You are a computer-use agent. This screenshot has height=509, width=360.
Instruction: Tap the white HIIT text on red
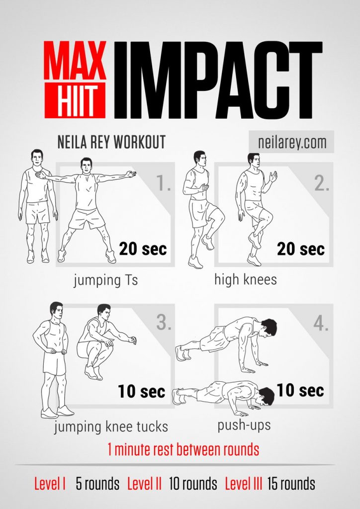tap(75, 100)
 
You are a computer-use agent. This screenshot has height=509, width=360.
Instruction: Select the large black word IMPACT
tap(218, 79)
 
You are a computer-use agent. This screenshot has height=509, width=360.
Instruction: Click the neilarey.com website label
tap(292, 142)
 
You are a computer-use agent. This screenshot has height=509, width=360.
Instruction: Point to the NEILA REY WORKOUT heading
tap(111, 143)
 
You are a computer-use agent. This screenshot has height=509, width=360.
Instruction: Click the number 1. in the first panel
tap(164, 183)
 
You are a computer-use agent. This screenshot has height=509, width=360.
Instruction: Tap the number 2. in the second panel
tap(322, 183)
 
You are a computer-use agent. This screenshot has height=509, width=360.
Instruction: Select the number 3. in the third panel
tap(164, 323)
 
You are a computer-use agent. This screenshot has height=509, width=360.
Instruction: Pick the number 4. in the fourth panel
tap(321, 324)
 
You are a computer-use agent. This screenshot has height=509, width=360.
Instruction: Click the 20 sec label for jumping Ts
tap(143, 248)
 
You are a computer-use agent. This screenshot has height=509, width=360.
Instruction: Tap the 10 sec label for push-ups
tap(300, 390)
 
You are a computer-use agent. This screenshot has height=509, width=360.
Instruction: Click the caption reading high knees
tap(246, 279)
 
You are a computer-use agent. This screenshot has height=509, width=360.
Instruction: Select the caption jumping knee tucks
tap(111, 426)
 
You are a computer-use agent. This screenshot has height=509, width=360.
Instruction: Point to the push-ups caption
tap(244, 425)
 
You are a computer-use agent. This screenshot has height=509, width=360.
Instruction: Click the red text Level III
tap(244, 483)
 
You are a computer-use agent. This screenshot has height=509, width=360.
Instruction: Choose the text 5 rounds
tap(97, 483)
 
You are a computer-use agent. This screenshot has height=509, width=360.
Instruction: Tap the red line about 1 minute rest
tap(183, 450)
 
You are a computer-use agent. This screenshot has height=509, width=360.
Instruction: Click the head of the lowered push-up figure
tap(265, 396)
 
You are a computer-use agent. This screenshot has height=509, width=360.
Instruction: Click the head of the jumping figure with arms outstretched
tap(87, 166)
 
